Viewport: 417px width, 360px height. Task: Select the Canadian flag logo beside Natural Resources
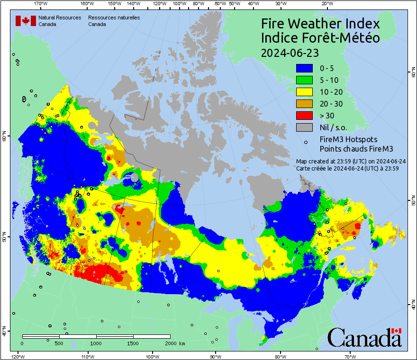pyautogui.click(x=26, y=21)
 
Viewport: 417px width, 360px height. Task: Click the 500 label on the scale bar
pyautogui.click(x=59, y=343)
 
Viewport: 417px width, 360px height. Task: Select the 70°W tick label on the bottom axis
pyautogui.click(x=351, y=356)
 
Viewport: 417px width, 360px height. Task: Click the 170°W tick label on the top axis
pyautogui.click(x=41, y=3)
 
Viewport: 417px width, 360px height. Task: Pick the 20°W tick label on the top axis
pyautogui.click(x=326, y=3)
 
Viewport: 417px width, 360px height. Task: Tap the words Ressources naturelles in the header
pyautogui.click(x=114, y=18)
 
